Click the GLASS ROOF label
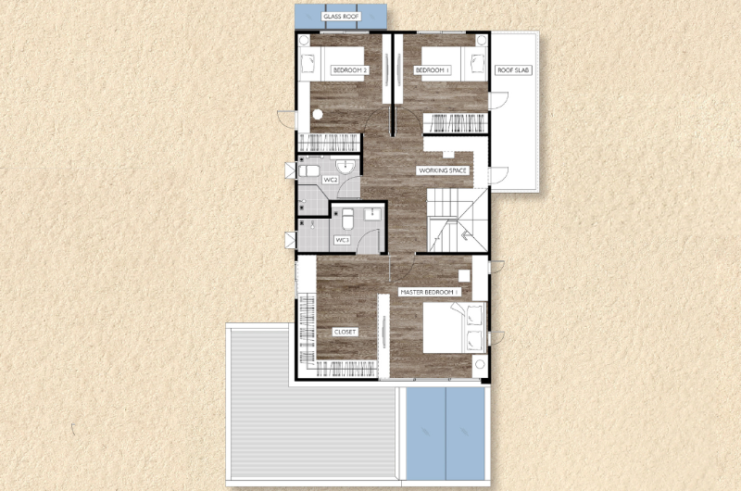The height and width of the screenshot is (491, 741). click(341, 17)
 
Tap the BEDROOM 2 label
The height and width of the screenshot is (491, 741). click(350, 69)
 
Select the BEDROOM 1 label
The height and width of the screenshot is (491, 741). click(432, 69)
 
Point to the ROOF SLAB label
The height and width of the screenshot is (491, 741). click(513, 69)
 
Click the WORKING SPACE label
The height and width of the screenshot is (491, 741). click(443, 170)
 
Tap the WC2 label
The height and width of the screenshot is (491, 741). click(330, 180)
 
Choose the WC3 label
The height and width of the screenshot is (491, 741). click(342, 240)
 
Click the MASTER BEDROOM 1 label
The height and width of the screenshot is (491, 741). click(430, 293)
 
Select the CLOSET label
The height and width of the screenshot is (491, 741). click(345, 333)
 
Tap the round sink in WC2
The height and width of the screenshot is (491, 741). click(345, 167)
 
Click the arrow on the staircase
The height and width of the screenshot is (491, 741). click(468, 234)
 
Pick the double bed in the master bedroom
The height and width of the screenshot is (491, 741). click(455, 328)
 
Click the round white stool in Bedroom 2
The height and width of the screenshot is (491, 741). click(318, 114)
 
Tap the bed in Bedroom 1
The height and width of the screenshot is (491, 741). click(454, 64)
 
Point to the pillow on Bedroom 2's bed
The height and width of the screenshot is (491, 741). click(308, 63)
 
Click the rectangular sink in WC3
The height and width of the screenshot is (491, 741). click(373, 215)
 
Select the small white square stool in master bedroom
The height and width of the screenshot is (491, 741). click(464, 275)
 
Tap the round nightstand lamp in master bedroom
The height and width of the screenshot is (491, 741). click(480, 364)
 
